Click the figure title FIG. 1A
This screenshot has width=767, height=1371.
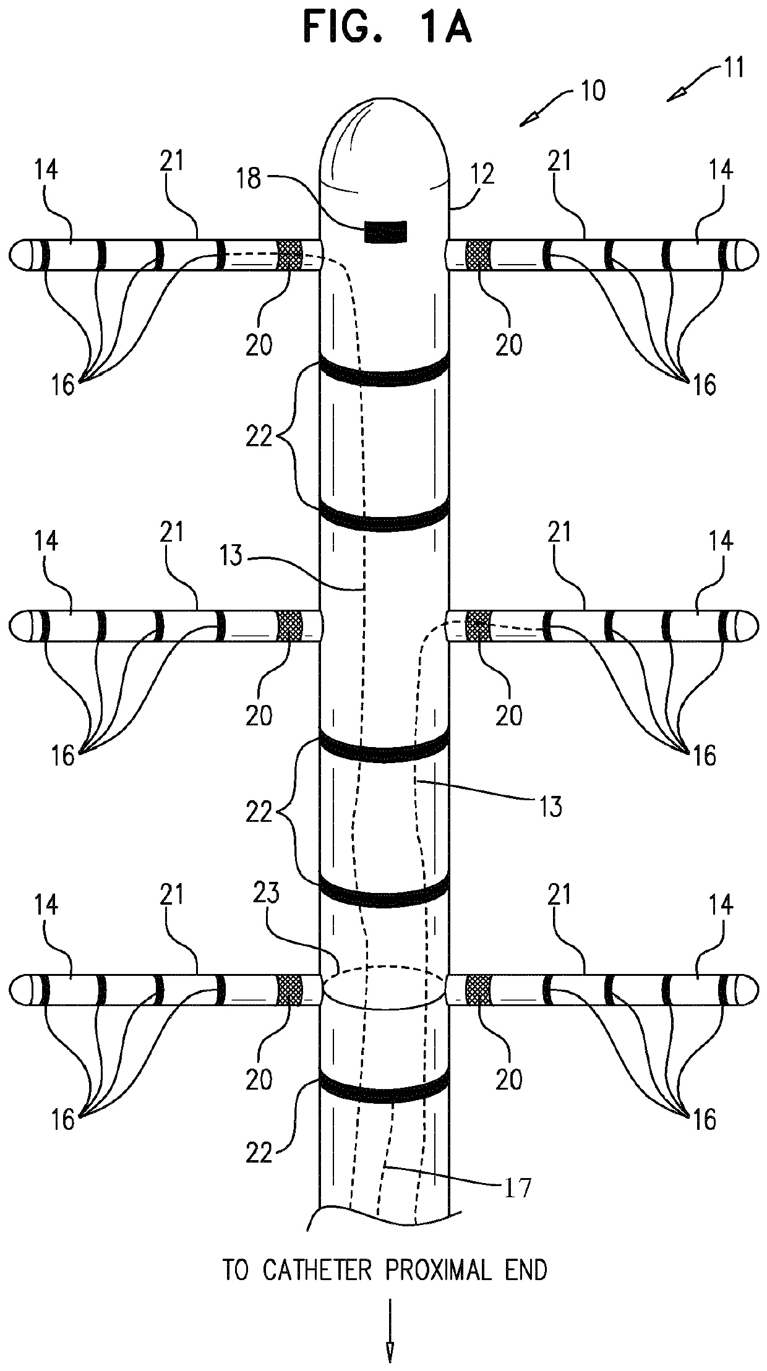(x=388, y=30)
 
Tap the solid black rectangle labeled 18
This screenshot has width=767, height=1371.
(x=386, y=231)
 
